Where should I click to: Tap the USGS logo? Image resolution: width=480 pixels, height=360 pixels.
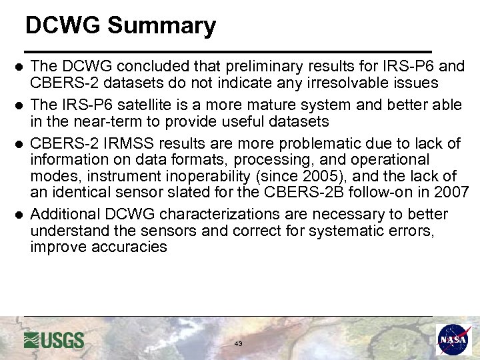click(54, 340)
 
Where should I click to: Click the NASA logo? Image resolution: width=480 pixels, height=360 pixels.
click(454, 340)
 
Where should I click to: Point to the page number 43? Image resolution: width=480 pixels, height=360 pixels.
click(239, 343)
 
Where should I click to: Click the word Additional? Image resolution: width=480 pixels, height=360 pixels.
click(63, 215)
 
